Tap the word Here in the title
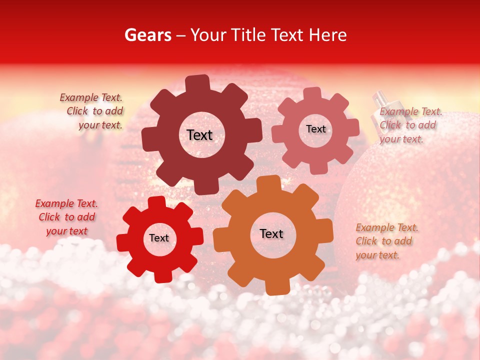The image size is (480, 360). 328,35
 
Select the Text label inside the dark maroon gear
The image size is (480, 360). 199,135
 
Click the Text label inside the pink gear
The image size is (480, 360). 315,129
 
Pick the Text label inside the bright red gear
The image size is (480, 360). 159,238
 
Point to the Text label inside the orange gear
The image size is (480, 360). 271,233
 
